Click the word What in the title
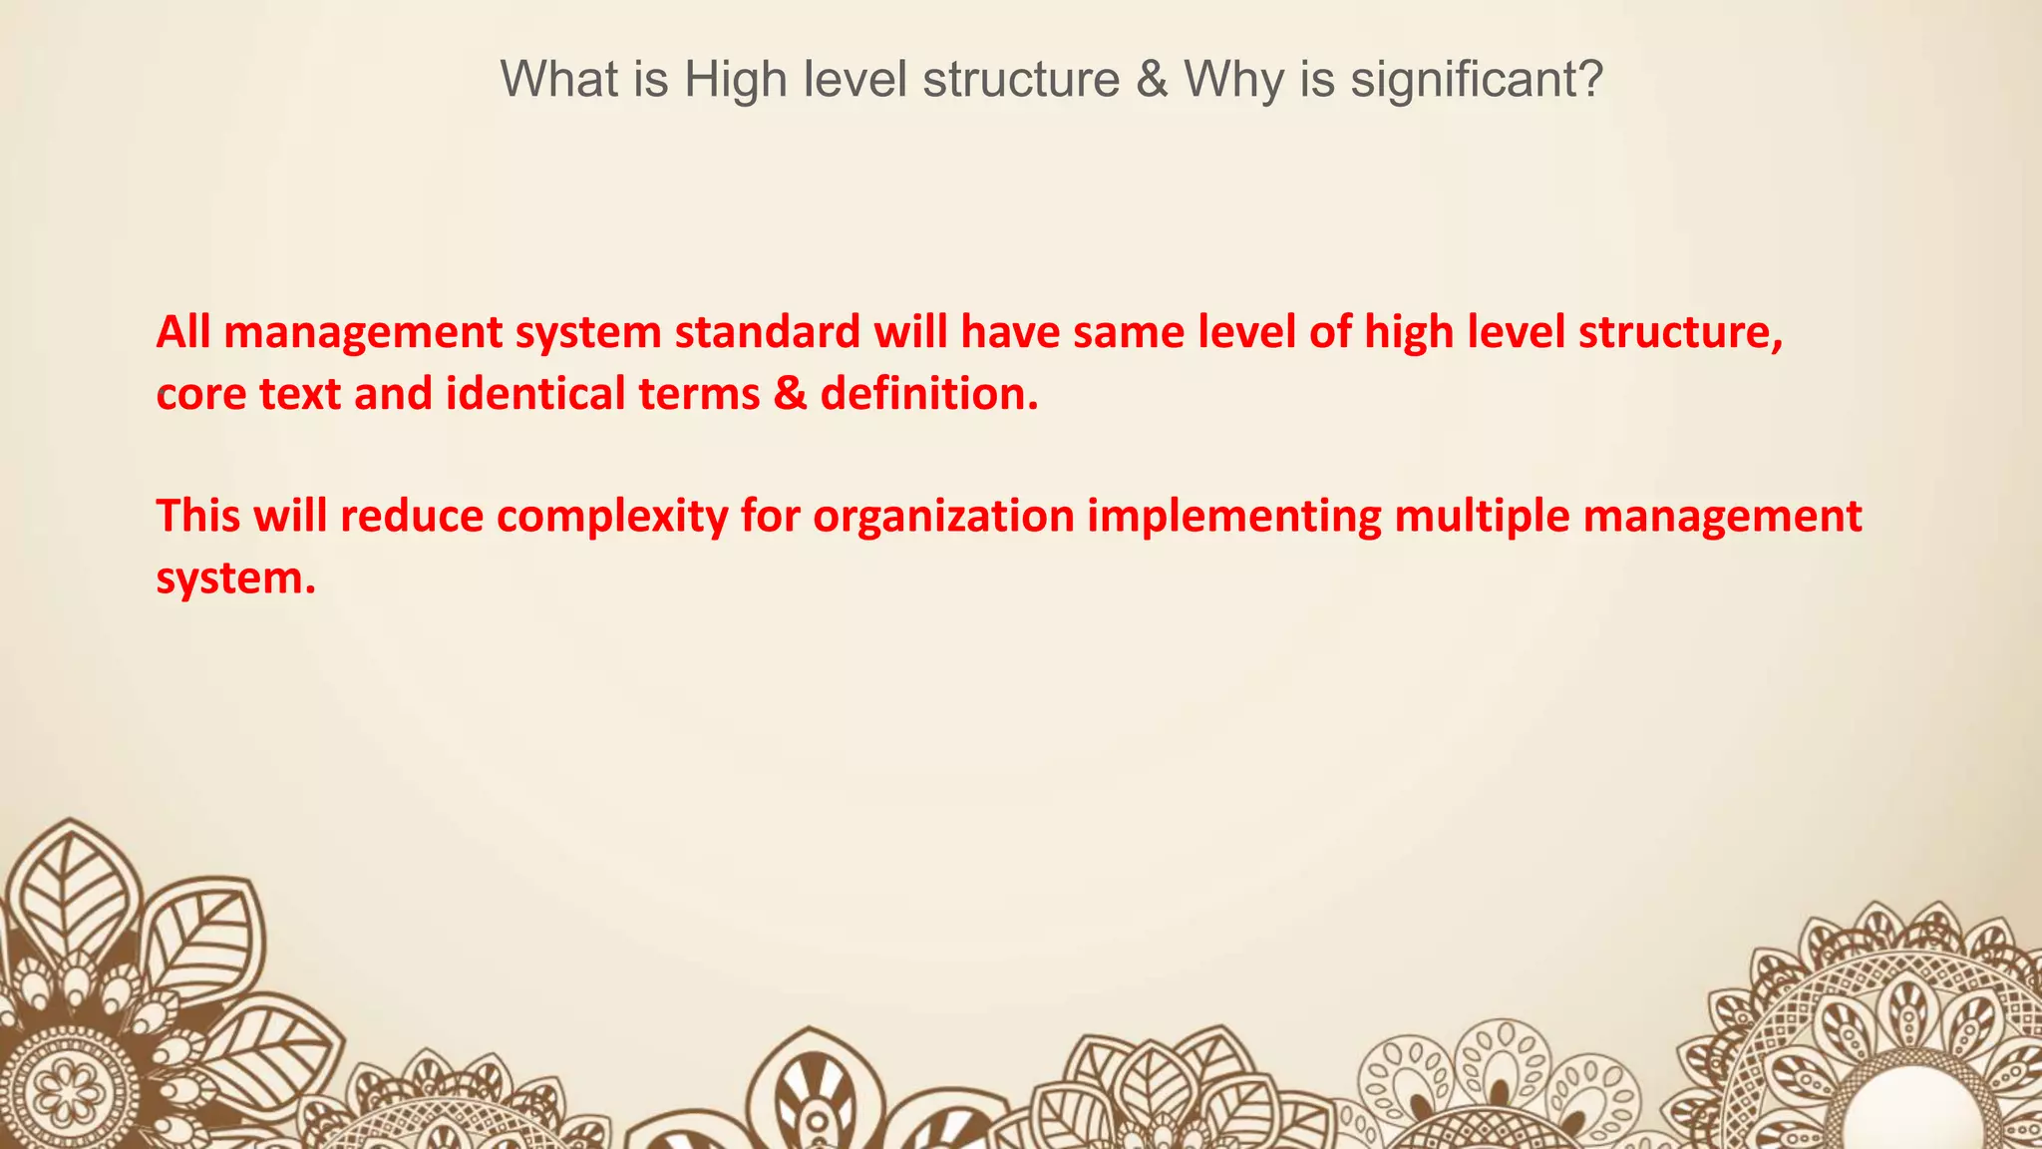point(558,79)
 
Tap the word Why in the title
point(1233,79)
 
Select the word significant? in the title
point(1477,79)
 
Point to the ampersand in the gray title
point(1152,79)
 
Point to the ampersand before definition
point(790,394)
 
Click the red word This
point(198,517)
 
